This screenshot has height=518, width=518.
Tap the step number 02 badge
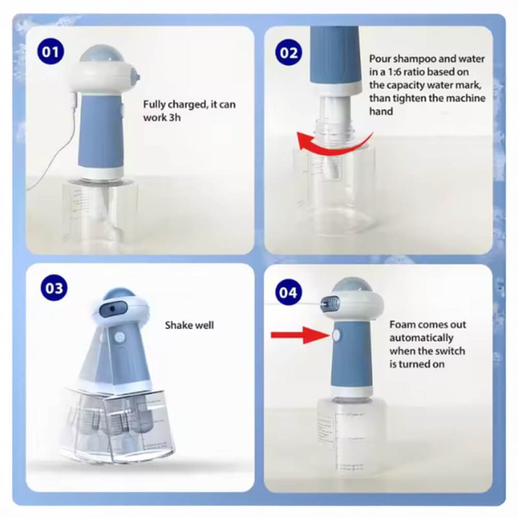pyautogui.click(x=289, y=51)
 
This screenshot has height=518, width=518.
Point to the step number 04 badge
pyautogui.click(x=289, y=291)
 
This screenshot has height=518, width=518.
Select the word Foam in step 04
pyautogui.click(x=403, y=324)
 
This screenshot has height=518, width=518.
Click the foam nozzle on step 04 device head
pyautogui.click(x=330, y=301)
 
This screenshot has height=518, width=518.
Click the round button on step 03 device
pyautogui.click(x=120, y=337)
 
